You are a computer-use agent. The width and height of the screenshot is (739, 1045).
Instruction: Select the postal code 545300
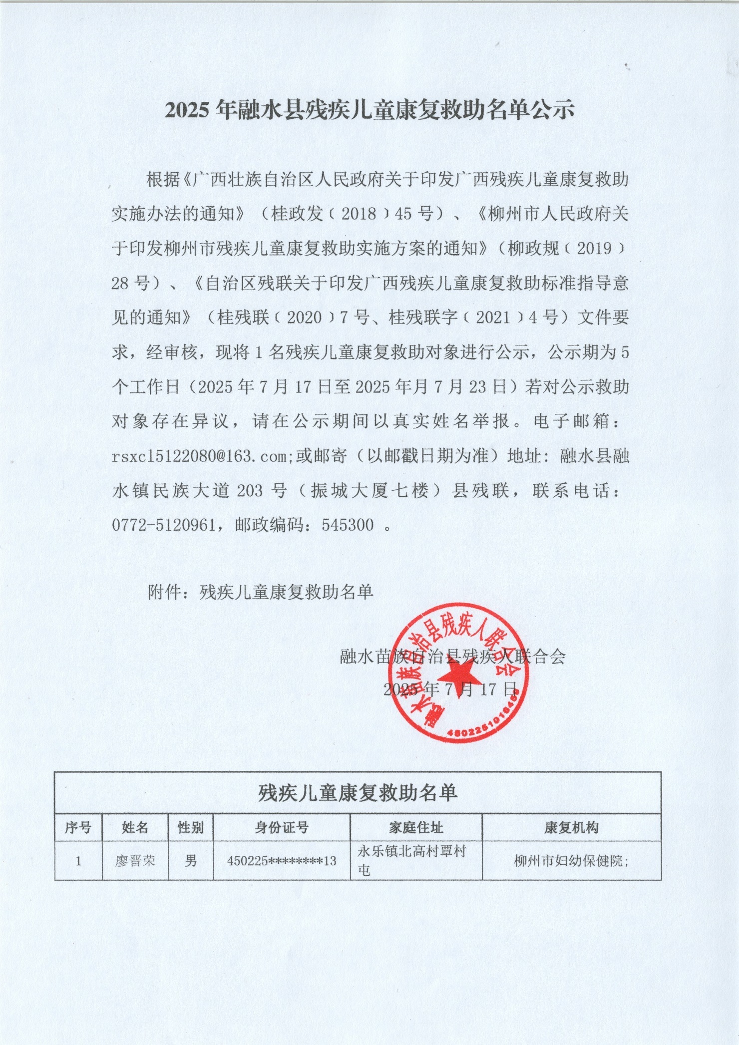pyautogui.click(x=348, y=525)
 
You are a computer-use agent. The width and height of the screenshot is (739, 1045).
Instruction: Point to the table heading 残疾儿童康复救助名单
pyautogui.click(x=358, y=793)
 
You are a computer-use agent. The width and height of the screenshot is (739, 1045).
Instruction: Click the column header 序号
pyautogui.click(x=78, y=828)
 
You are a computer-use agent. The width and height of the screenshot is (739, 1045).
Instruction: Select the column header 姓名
pyautogui.click(x=135, y=828)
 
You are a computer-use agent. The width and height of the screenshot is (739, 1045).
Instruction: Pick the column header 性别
pyautogui.click(x=191, y=828)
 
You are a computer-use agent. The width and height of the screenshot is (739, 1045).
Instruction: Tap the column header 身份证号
pyautogui.click(x=282, y=828)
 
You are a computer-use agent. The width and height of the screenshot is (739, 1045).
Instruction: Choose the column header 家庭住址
pyautogui.click(x=416, y=828)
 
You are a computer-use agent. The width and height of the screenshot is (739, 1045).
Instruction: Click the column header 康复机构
pyautogui.click(x=571, y=828)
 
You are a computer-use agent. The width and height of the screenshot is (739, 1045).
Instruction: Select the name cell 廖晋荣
pyautogui.click(x=135, y=861)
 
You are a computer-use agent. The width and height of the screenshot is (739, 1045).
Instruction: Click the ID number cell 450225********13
pyautogui.click(x=282, y=861)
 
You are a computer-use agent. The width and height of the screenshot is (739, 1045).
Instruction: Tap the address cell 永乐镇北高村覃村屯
pyautogui.click(x=411, y=860)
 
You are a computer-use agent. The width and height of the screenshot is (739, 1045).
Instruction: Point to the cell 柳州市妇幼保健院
pyautogui.click(x=571, y=861)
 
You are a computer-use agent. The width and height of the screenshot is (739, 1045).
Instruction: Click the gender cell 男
pyautogui.click(x=191, y=861)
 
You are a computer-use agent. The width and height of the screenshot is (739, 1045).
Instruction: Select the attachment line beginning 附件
pyautogui.click(x=261, y=592)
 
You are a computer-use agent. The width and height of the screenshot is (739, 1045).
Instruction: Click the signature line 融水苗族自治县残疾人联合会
pyautogui.click(x=452, y=657)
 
